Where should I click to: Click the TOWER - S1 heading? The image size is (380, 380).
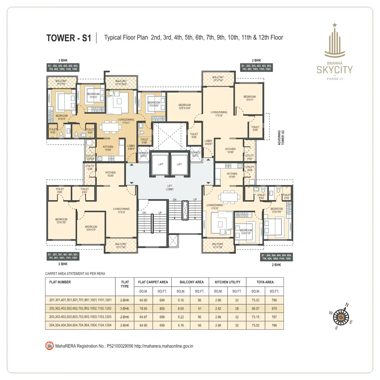pyautogui.click(x=69, y=38)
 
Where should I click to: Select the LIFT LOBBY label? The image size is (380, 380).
pyautogui.click(x=170, y=187)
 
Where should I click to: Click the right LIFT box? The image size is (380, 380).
pyautogui.click(x=179, y=164)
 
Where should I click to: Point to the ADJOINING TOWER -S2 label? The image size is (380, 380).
pyautogui.click(x=280, y=137)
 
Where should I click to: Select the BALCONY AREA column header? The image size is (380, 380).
pyautogui.click(x=191, y=282)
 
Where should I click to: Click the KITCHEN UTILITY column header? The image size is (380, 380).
pyautogui.click(x=228, y=282)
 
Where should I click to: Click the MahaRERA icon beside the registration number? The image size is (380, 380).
pyautogui.click(x=49, y=346)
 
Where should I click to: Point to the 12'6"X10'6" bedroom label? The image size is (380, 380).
pyautogui.click(x=184, y=107)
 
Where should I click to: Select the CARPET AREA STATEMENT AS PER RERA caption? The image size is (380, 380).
pyautogui.click(x=75, y=273)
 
